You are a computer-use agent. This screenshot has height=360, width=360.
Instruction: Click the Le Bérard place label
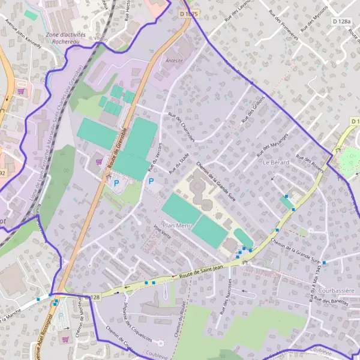[x=275, y=163]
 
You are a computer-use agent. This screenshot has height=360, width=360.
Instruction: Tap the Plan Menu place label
[x=176, y=226]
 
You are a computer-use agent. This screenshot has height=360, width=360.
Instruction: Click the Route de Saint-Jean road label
[x=201, y=271]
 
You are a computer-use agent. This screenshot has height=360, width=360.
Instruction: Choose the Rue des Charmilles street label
[x=182, y=127]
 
